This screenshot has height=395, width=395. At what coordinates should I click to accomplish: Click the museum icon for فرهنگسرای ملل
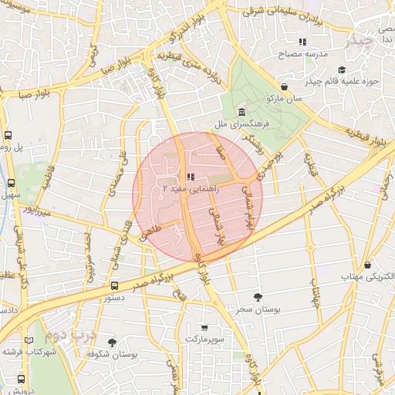(241, 113)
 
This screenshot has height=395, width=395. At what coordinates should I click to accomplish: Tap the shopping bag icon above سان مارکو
(285, 87)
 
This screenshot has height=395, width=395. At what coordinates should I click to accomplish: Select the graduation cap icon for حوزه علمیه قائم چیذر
(363, 69)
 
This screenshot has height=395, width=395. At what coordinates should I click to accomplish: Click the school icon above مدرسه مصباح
(303, 42)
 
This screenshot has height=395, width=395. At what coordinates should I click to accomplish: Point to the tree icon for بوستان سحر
(257, 297)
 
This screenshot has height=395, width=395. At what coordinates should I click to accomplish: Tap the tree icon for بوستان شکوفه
(112, 342)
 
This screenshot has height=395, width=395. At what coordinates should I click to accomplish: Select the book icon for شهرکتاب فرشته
(29, 340)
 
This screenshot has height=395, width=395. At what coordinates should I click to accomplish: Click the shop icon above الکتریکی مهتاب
(367, 265)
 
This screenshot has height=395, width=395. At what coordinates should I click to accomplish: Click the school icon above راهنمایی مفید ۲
(190, 177)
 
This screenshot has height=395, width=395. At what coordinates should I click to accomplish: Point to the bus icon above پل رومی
(7, 134)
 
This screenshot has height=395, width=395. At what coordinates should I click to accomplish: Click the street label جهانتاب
(316, 293)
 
